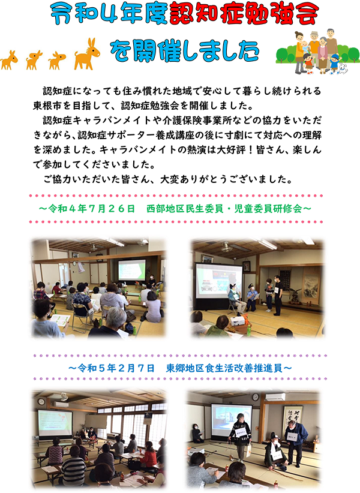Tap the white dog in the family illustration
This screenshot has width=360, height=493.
coord(343,69)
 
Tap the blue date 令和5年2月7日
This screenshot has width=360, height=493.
coord(116,368)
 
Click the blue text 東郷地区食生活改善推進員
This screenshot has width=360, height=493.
coord(224,368)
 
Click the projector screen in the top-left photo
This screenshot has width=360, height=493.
coord(132,270)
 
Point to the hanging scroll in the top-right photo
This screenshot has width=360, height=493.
coord(311,287)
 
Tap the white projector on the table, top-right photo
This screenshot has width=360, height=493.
coord(238,321)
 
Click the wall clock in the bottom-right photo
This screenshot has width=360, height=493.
coord(256,397)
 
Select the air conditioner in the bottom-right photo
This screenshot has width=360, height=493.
coord(275,397)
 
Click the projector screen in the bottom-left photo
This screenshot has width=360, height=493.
coord(55,423)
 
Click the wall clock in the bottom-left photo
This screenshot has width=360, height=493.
coord(41,401)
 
